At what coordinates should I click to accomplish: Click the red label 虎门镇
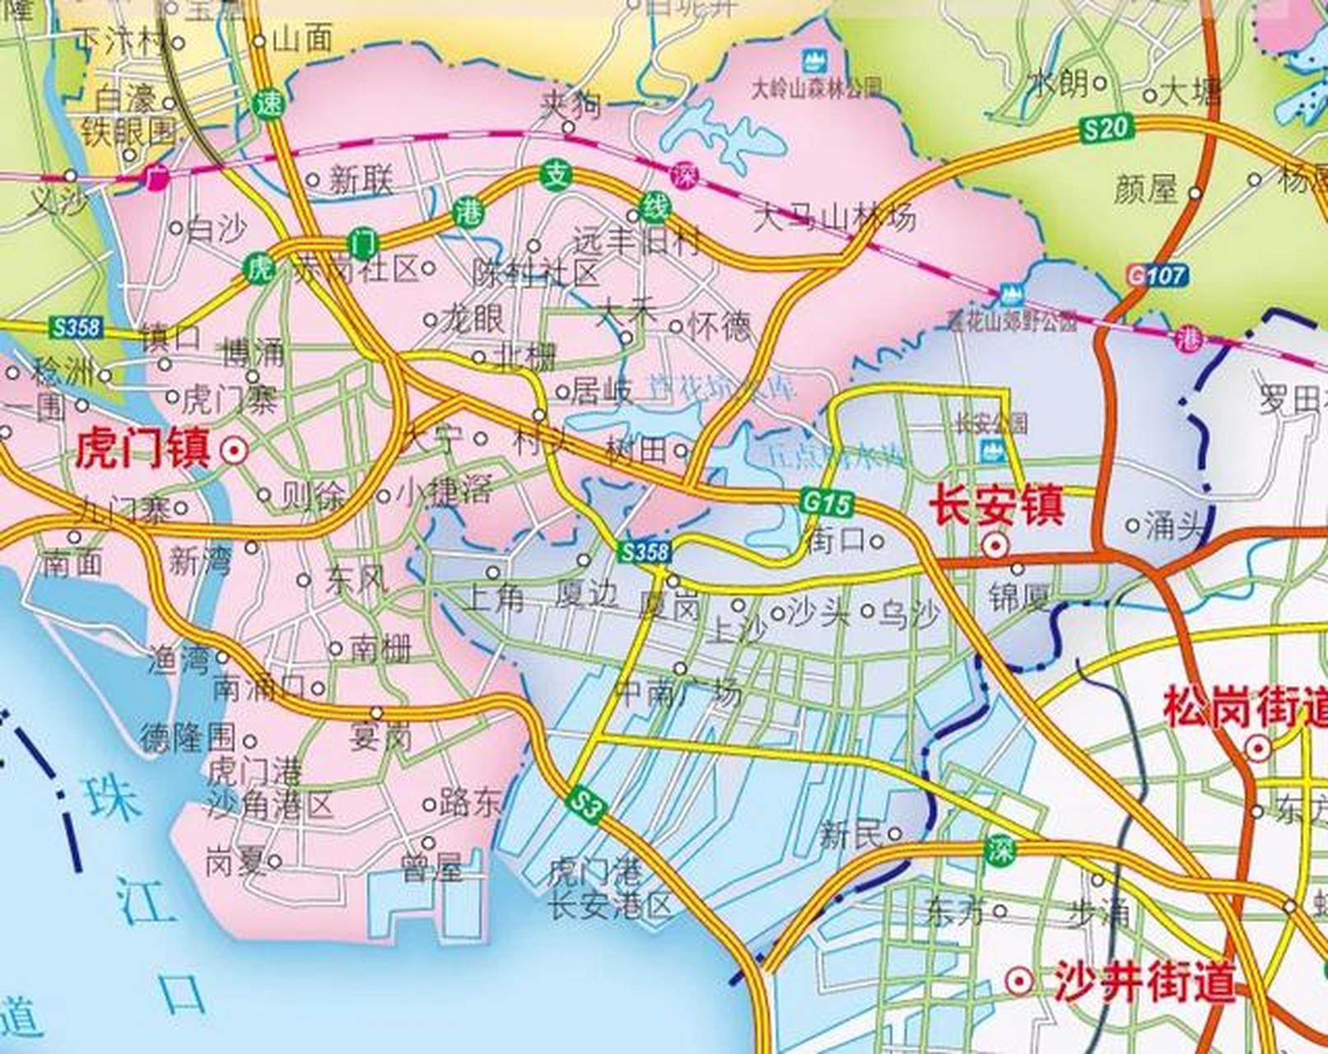pos(142,450)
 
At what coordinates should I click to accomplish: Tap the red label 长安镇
pos(996,504)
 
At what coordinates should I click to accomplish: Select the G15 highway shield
pos(826,502)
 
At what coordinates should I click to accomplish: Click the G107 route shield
pos(1158,275)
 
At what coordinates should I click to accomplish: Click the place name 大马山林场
pos(834,217)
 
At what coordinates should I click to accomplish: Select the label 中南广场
pos(678,694)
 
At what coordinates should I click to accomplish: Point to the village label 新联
pos(361,180)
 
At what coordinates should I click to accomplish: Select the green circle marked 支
pos(557,175)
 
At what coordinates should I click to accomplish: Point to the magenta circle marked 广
pos(154,177)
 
